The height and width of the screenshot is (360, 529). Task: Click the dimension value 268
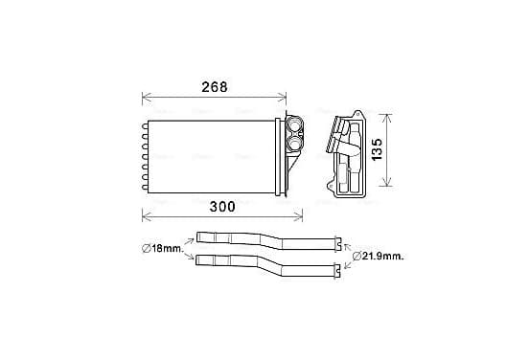tap(215, 87)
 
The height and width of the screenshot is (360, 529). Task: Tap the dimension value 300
tap(222, 207)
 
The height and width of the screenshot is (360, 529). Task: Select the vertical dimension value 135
tap(378, 149)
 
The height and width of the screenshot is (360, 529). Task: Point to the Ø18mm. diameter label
tap(162, 249)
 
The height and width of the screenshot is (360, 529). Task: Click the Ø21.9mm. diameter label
tap(379, 257)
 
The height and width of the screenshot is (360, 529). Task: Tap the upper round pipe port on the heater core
tap(294, 124)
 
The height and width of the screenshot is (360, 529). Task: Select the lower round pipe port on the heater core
tap(294, 143)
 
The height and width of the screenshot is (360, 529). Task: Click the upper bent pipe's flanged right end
tap(338, 244)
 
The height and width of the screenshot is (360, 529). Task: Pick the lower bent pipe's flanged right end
tap(337, 271)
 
